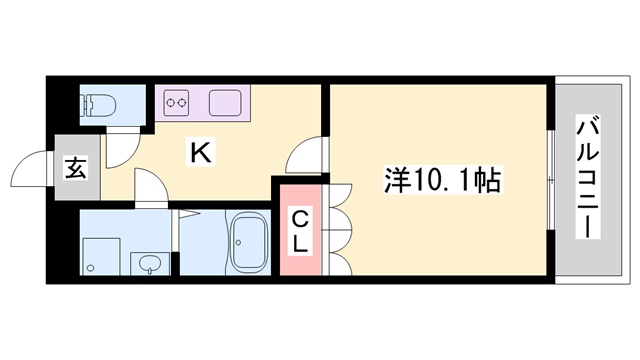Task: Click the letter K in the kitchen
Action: (x=199, y=153)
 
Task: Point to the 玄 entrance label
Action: (x=76, y=167)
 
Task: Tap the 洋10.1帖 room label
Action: (x=441, y=180)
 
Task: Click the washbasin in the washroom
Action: (x=149, y=262)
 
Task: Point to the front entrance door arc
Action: (x=32, y=165)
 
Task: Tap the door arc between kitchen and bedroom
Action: (x=304, y=157)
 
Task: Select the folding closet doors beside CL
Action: (x=336, y=229)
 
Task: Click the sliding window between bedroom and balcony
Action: (x=551, y=180)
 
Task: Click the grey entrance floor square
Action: (x=77, y=167)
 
